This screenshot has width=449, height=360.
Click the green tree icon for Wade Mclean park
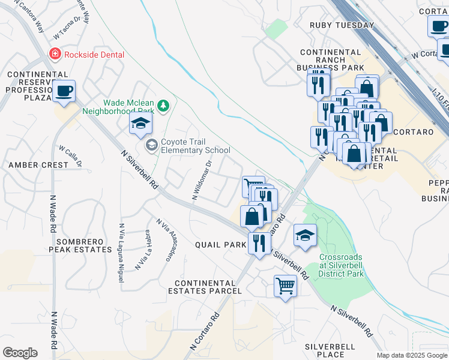[163, 106]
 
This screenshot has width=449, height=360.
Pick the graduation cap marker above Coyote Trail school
[140, 124]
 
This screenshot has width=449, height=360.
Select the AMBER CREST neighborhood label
[38, 165]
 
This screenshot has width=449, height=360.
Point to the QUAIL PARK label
[220, 245]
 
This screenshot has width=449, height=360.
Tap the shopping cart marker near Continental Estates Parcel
[285, 285]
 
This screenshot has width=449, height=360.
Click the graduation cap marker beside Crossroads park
[305, 235]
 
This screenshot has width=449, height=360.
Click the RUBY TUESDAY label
[342, 25]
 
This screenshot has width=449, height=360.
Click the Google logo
[20, 353]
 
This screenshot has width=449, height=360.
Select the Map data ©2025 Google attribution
[412, 355]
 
